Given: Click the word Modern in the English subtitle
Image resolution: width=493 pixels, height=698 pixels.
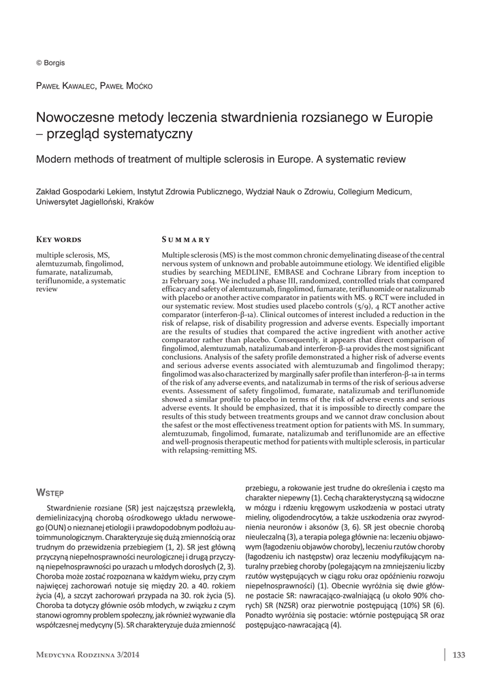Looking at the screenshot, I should click(x=54, y=160).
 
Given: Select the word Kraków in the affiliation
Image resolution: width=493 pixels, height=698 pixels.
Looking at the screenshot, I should click(x=140, y=202).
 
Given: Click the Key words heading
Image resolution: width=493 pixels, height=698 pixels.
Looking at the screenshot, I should click(x=59, y=239).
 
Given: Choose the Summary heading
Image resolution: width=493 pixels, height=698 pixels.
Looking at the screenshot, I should click(x=186, y=239).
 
